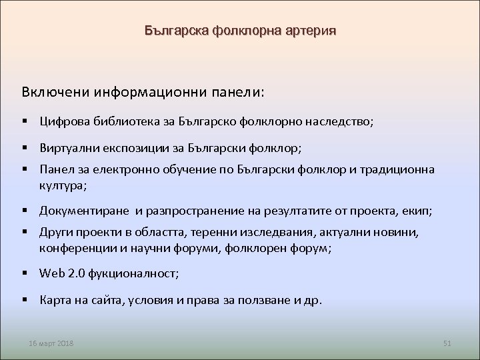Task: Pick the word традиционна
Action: pyautogui.click(x=403, y=169)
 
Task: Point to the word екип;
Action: pyautogui.click(x=418, y=211)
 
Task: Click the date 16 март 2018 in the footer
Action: pyautogui.click(x=51, y=343)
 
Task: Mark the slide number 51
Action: pyautogui.click(x=447, y=343)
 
